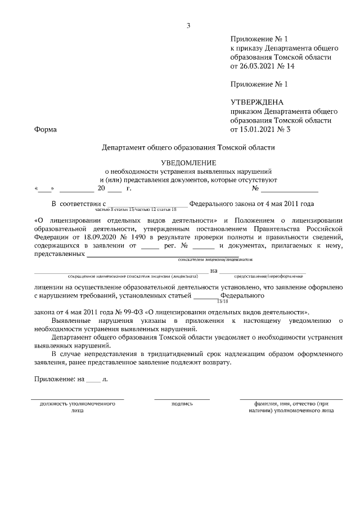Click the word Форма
(x=46, y=129)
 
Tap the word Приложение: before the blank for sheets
(x=56, y=380)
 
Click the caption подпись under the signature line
(x=182, y=403)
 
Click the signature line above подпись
(x=182, y=399)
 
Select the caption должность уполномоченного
(x=78, y=403)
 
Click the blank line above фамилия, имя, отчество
(x=291, y=399)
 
